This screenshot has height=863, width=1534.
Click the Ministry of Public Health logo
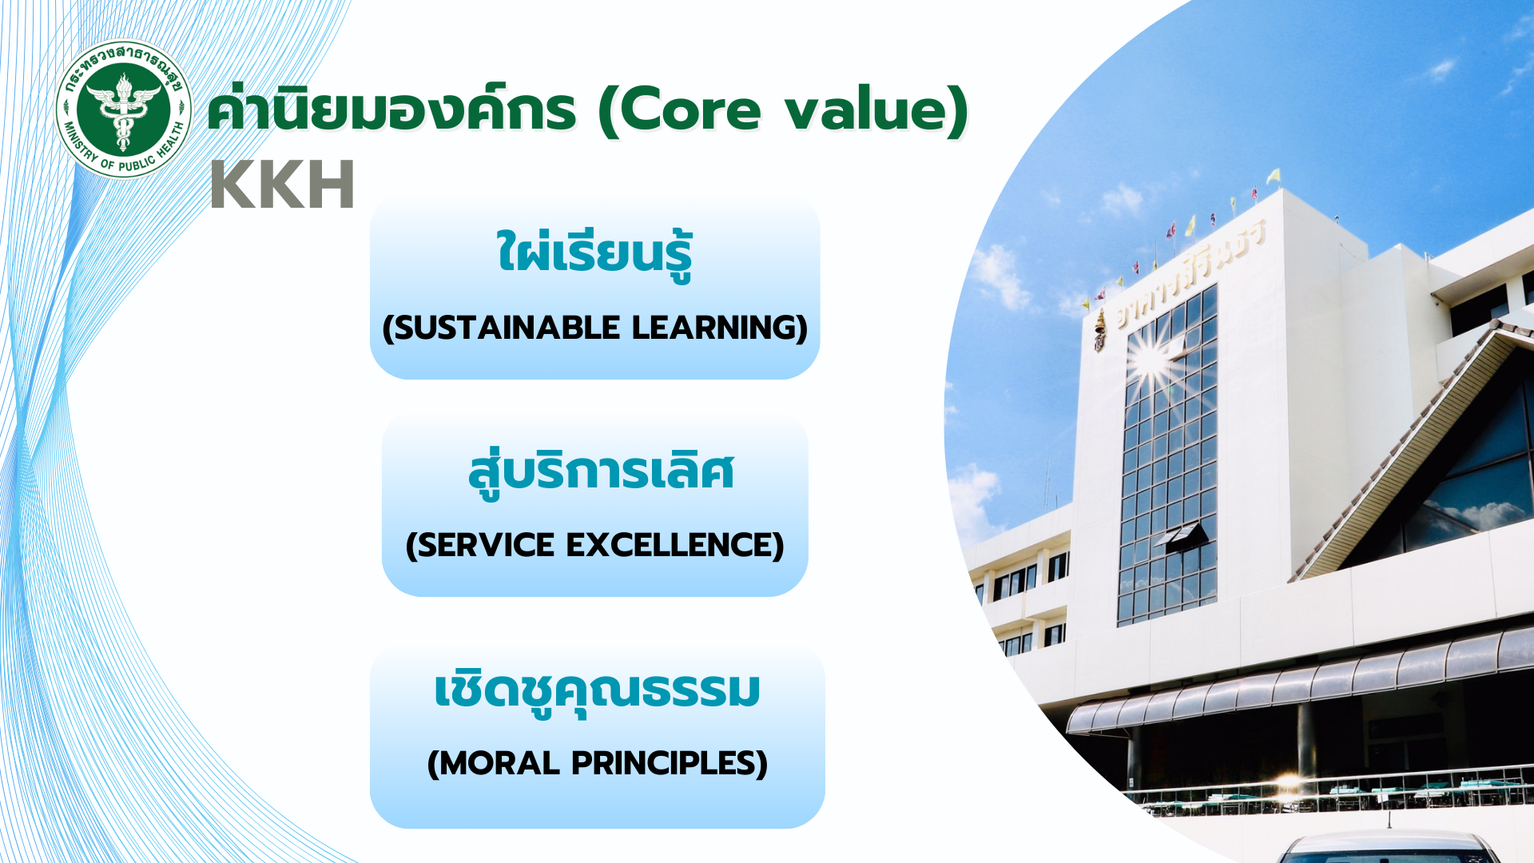tap(124, 109)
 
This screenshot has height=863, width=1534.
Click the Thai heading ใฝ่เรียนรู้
tap(594, 254)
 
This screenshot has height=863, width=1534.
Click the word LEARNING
tap(713, 328)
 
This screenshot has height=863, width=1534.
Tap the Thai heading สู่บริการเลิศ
tap(601, 473)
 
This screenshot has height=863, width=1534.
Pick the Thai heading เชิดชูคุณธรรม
tap(597, 692)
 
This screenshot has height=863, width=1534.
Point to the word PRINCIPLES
tap(663, 763)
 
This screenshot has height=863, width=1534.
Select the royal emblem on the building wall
tap(1100, 331)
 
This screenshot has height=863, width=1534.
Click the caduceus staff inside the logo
tap(123, 113)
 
